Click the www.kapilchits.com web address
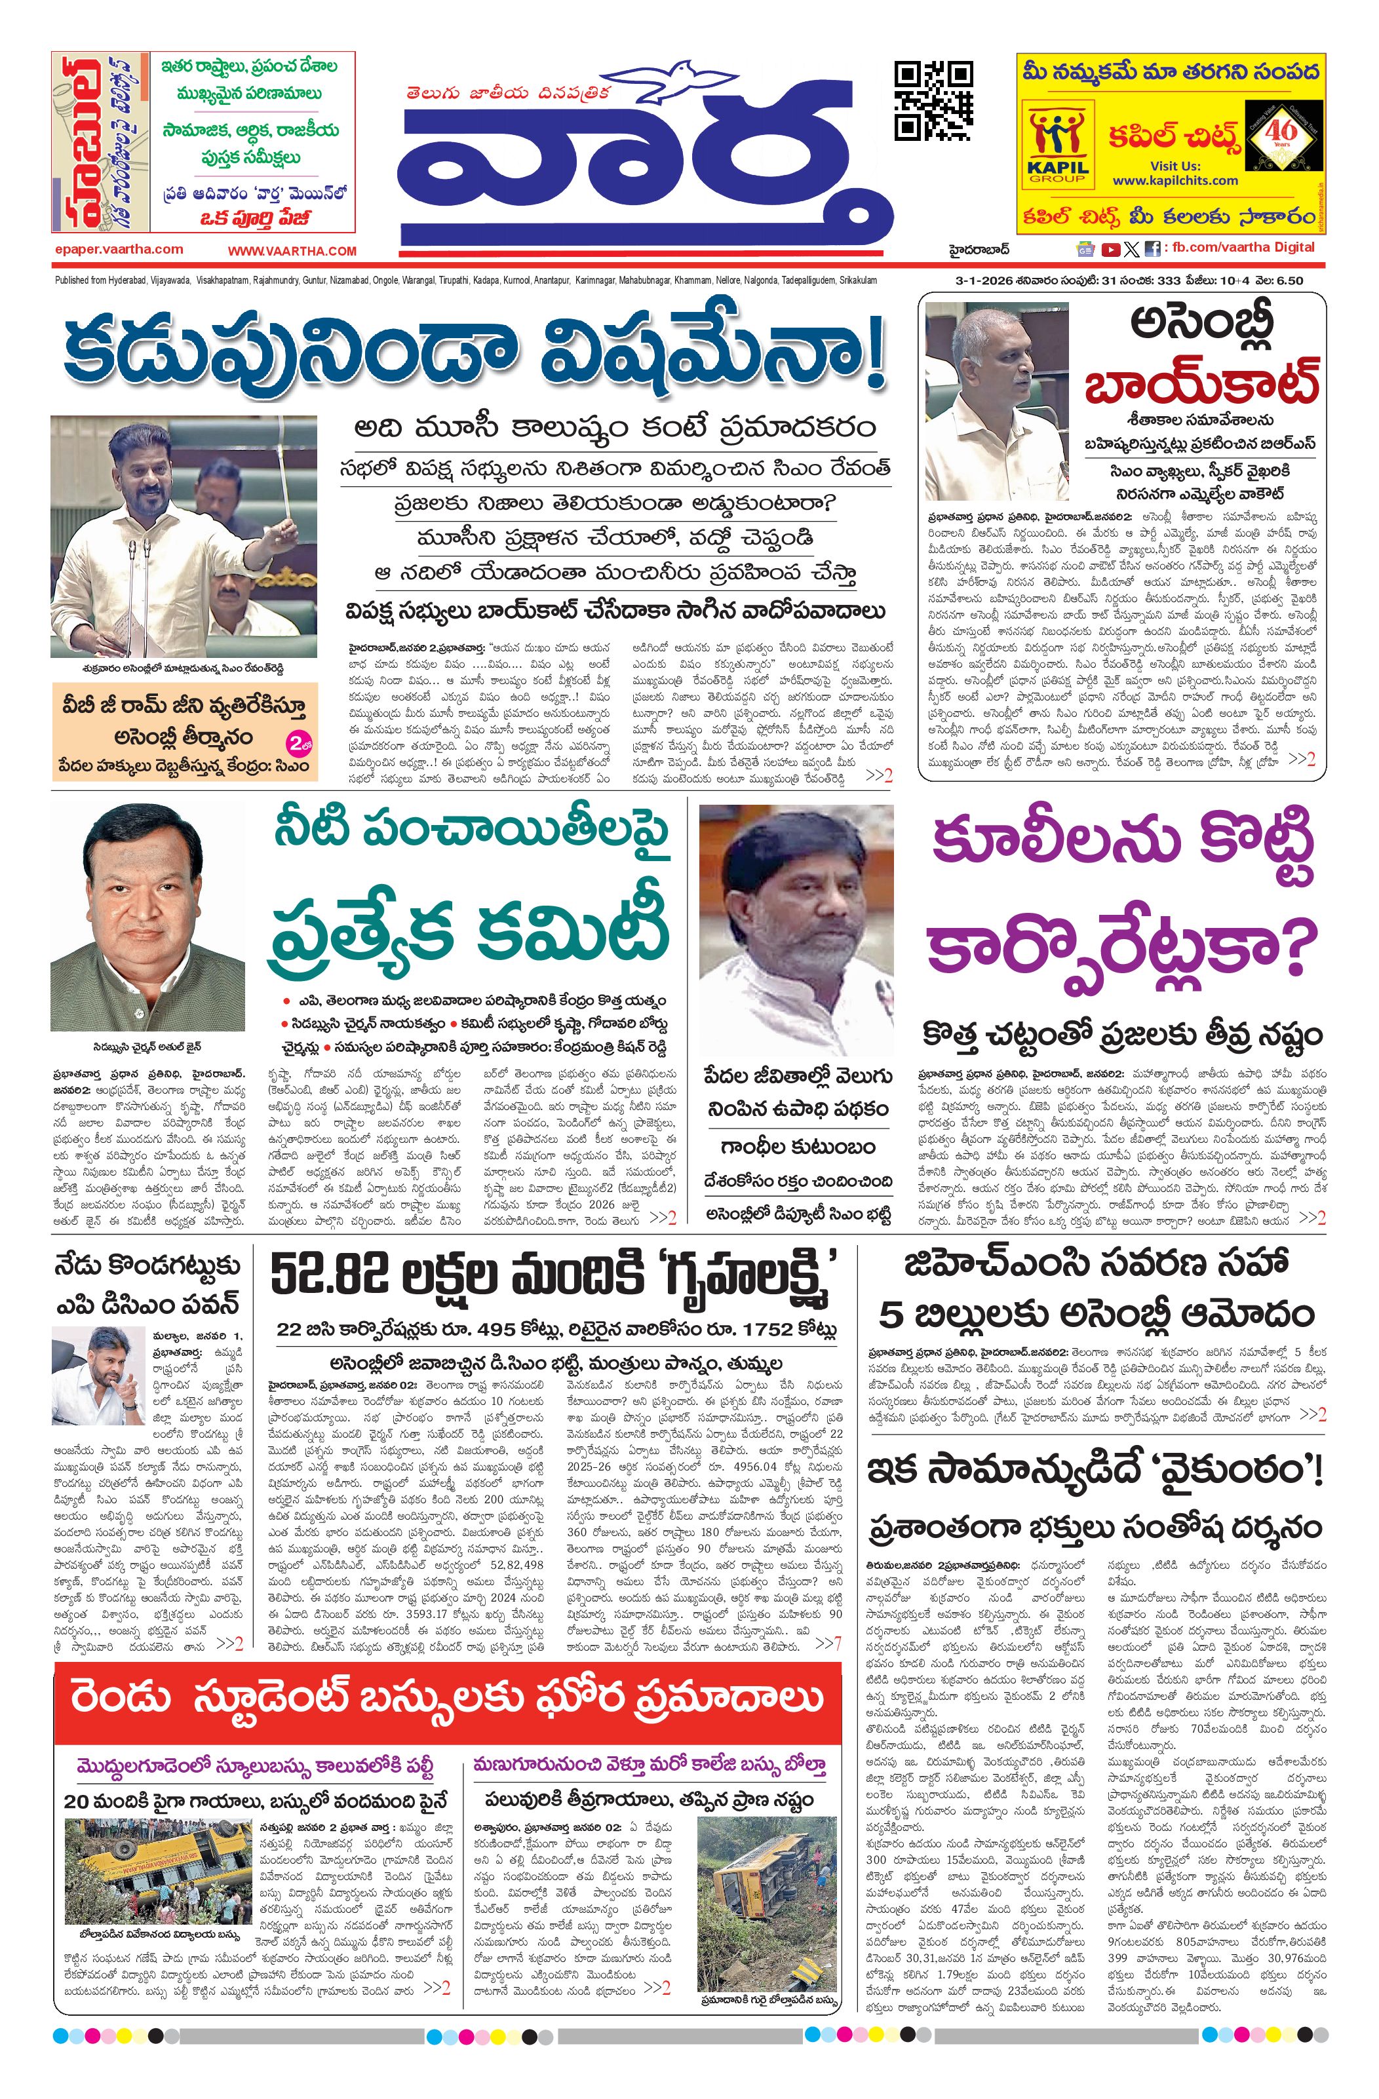[x=1175, y=180]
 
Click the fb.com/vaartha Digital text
[x=1243, y=247]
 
